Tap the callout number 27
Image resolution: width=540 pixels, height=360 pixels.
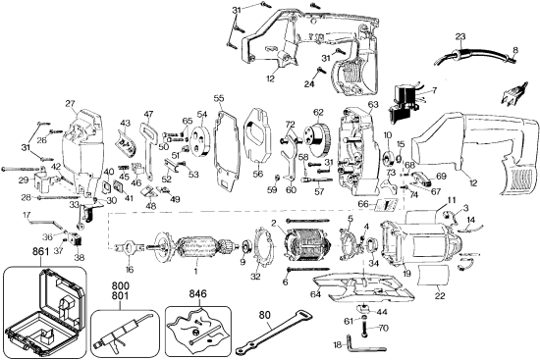tap(70, 103)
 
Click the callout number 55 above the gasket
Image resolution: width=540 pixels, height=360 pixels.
tap(219, 99)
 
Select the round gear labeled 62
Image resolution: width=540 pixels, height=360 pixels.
tap(316, 137)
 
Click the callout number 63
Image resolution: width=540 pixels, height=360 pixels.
tap(373, 103)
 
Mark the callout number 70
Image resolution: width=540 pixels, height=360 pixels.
tap(383, 329)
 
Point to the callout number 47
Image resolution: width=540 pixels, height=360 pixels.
tap(148, 115)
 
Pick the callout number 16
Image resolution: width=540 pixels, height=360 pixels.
tap(128, 268)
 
